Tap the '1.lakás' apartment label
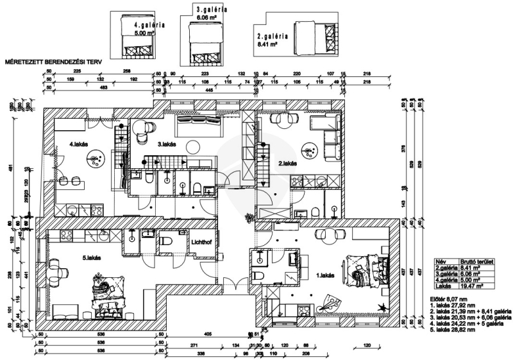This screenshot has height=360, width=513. (x=326, y=275)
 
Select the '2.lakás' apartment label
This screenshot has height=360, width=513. (x=289, y=164)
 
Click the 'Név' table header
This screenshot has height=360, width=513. (x=441, y=262)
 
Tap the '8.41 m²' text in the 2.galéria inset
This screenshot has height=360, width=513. (x=268, y=46)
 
